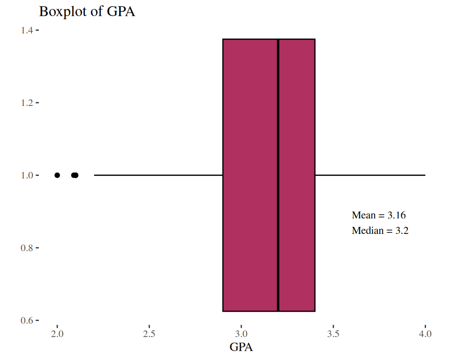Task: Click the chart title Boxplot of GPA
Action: tap(87, 11)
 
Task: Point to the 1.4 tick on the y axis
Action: tap(26, 30)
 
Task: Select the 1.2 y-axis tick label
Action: tap(26, 103)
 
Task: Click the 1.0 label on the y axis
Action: tap(26, 175)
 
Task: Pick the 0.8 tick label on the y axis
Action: tap(26, 248)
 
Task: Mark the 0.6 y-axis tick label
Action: tap(26, 321)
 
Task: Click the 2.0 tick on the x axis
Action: tap(57, 334)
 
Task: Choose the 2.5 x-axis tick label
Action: tap(149, 334)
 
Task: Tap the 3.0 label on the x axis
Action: tap(241, 334)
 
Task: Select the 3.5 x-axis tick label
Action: tap(333, 334)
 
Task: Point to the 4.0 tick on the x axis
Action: tap(425, 334)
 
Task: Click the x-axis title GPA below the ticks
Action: tap(241, 347)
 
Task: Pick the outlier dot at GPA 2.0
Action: tap(57, 175)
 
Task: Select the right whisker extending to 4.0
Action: tap(370, 175)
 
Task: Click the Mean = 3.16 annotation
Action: tap(378, 216)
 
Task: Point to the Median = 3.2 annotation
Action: tap(380, 231)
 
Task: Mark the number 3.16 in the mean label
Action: tap(396, 216)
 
